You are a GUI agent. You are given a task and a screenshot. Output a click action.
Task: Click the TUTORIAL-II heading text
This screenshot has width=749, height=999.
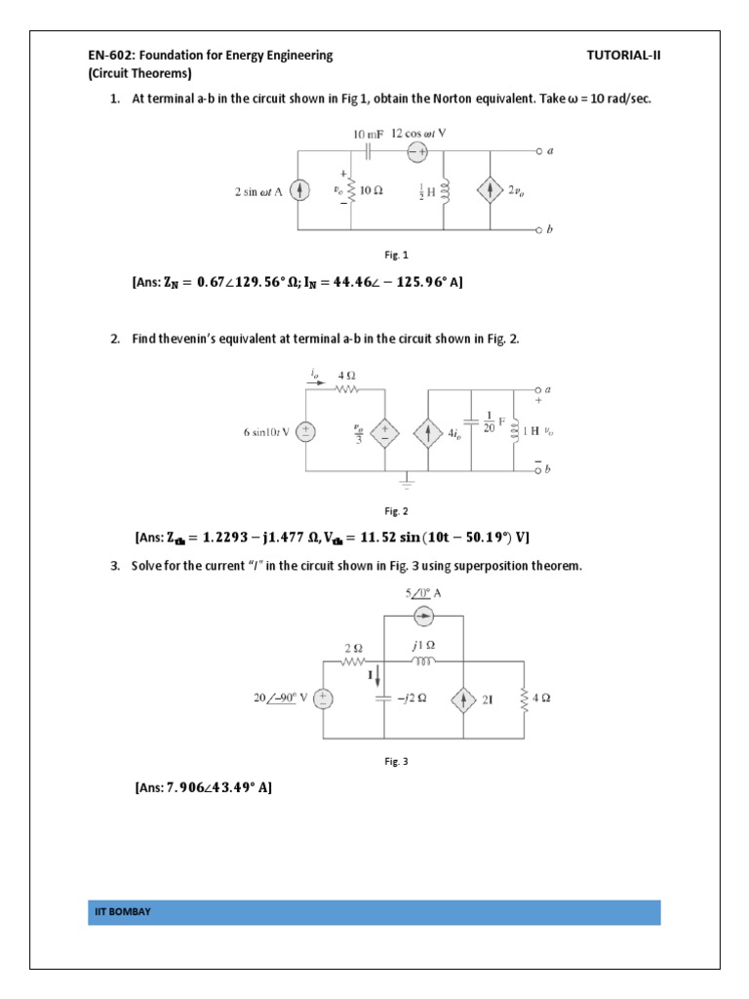click(x=623, y=56)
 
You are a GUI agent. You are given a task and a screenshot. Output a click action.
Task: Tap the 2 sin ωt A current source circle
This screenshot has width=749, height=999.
click(x=301, y=191)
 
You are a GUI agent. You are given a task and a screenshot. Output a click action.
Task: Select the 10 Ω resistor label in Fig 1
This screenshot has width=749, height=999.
click(x=372, y=192)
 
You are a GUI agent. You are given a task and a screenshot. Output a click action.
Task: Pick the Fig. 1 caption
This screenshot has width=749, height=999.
click(x=396, y=255)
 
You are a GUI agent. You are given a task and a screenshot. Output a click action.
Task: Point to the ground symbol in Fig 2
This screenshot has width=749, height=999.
click(x=404, y=478)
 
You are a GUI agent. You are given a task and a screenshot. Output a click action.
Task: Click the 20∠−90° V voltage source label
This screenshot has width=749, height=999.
click(x=280, y=699)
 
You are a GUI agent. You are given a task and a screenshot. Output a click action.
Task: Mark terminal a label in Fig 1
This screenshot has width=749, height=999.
click(x=551, y=152)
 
